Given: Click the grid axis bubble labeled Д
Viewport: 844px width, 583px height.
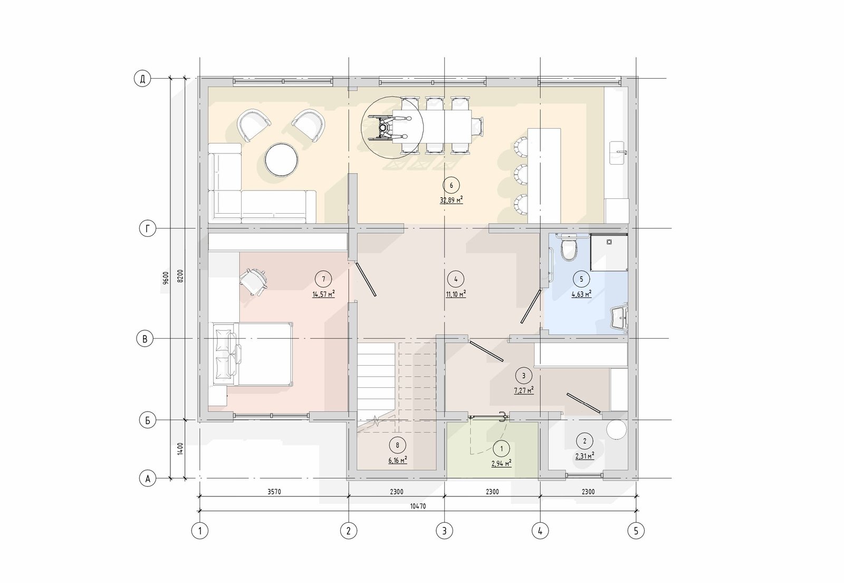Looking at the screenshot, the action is point(142,79).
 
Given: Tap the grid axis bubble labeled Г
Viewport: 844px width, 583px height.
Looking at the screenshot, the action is point(148,228).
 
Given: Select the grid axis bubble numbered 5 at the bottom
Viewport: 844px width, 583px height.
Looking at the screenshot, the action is point(636,531).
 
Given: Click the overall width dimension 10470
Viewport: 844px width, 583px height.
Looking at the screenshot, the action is point(418,506).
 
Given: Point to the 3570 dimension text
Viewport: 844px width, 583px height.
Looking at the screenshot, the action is point(274,491).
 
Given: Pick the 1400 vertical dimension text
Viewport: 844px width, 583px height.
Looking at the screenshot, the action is point(180,449).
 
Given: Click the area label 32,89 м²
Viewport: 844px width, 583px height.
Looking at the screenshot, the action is point(452,200).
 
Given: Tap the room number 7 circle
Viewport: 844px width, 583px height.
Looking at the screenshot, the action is point(324,279).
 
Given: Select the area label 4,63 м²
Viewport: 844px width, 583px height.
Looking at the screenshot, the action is point(581,294).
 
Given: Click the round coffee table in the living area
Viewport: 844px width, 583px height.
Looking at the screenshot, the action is point(282,159).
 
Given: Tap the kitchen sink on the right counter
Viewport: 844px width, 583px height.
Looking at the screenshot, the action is point(618,152).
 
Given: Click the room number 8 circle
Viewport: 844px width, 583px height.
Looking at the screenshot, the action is point(398,445).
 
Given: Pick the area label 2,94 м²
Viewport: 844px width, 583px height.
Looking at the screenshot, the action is point(502,463).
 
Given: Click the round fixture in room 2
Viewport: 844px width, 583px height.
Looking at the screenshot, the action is point(617,429).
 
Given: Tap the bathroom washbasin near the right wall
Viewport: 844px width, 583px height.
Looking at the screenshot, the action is point(620,318).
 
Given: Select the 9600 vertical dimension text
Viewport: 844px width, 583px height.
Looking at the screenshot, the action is point(166,278).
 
